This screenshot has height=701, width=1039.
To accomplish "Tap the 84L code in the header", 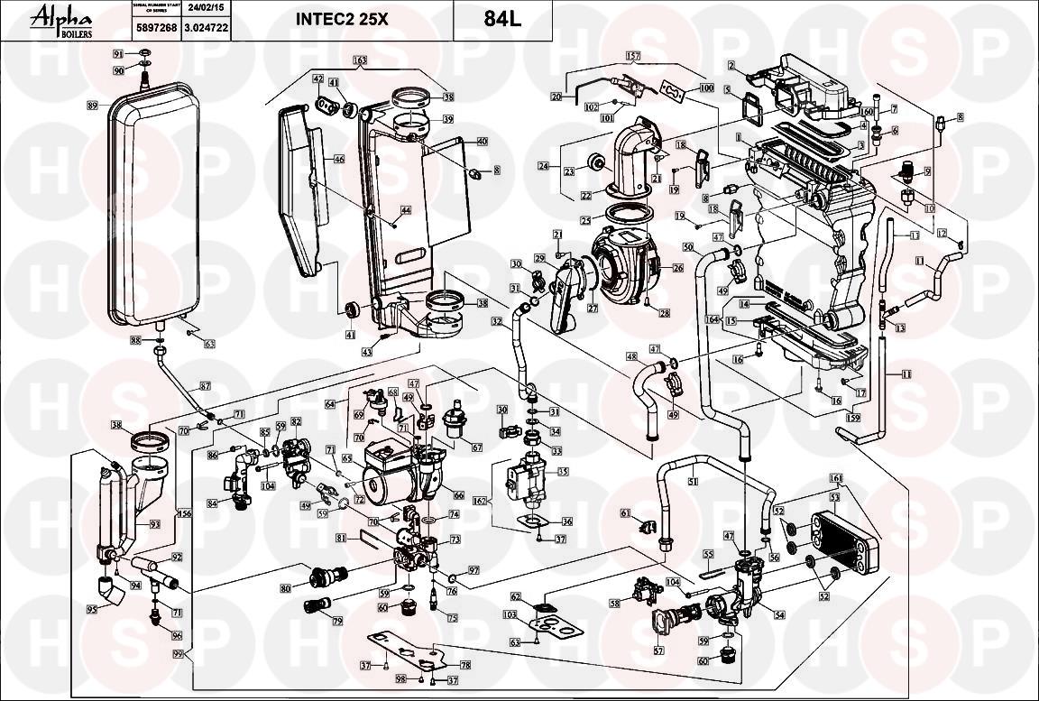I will pyautogui.click(x=502, y=19).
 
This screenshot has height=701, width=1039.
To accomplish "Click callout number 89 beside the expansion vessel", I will pyautogui.click(x=92, y=106).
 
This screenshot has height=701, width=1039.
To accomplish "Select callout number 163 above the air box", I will pyautogui.click(x=361, y=61).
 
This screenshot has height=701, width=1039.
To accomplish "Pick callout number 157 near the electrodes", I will pyautogui.click(x=633, y=56).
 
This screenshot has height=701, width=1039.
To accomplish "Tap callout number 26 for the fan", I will pyautogui.click(x=678, y=268).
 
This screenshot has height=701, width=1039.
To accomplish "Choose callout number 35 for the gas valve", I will pyautogui.click(x=564, y=471).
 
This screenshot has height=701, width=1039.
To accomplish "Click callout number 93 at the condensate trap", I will pyautogui.click(x=154, y=525).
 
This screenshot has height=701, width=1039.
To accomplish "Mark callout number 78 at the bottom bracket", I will pyautogui.click(x=465, y=665).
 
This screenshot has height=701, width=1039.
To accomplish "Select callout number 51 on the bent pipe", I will pyautogui.click(x=693, y=482).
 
